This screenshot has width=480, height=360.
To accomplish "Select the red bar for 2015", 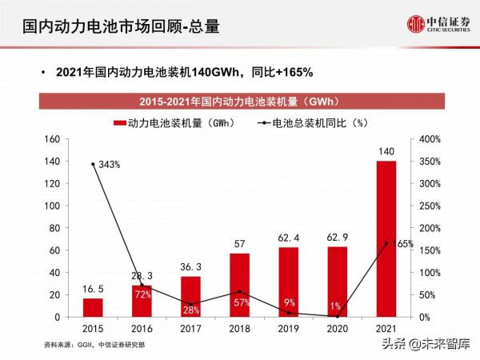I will (x=93, y=307).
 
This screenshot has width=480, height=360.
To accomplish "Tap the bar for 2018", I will (x=240, y=285).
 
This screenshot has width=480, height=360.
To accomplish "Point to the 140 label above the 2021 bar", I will (x=386, y=151).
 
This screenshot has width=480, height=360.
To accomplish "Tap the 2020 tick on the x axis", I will (x=338, y=328).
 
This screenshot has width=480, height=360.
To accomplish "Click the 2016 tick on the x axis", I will (x=142, y=328).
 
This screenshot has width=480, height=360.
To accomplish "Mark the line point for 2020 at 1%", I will (x=338, y=316).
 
